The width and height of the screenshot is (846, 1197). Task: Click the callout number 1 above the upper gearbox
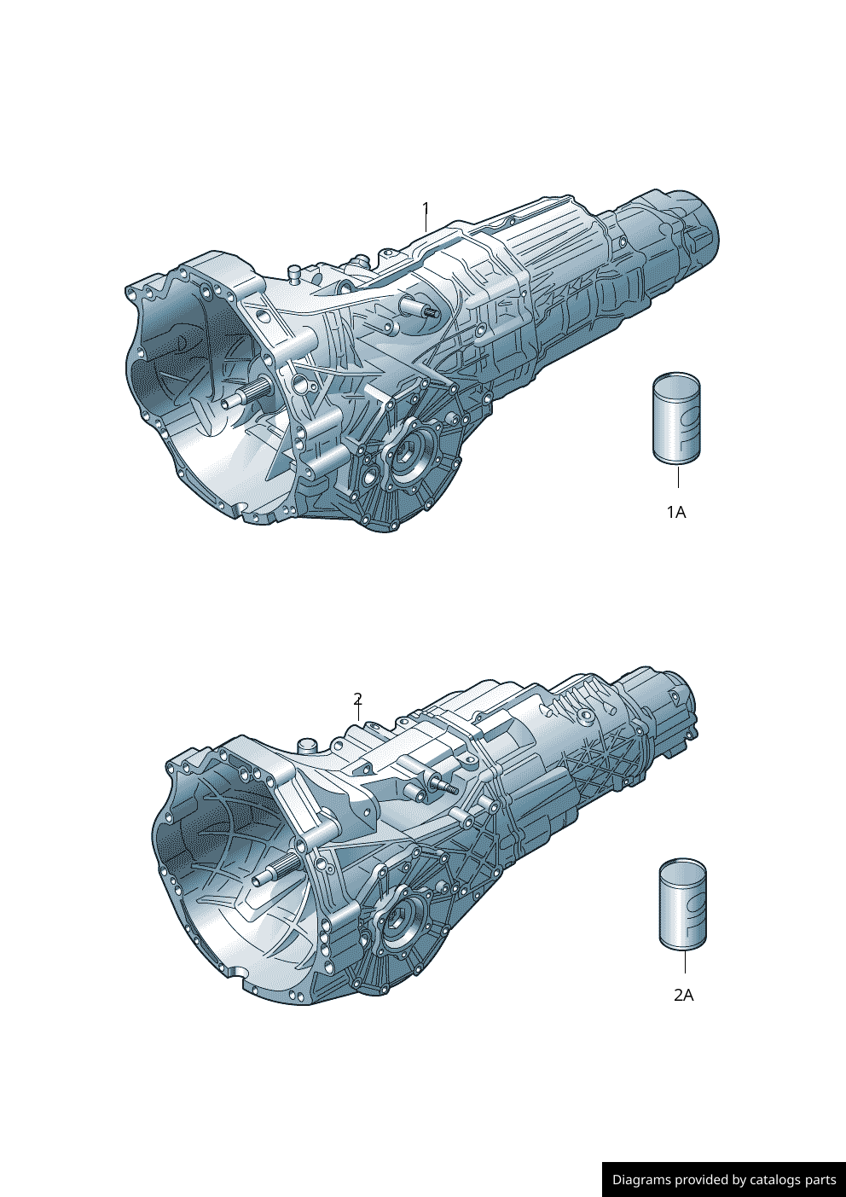pos(426,208)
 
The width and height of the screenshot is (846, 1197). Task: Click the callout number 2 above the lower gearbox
pos(358,698)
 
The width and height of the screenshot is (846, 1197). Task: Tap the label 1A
pos(676,512)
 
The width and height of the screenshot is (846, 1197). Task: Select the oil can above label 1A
pos(676,420)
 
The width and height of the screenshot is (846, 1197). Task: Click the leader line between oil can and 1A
pos(678,477)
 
